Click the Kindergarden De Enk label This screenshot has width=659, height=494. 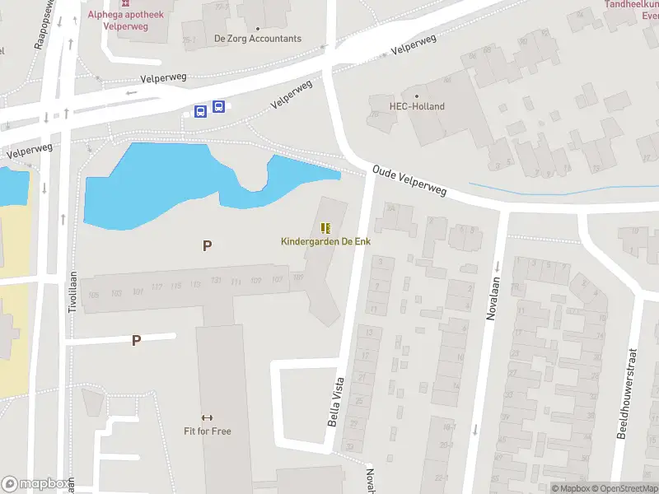pos(325,241)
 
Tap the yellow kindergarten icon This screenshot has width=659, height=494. pos(325,228)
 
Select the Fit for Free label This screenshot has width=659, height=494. pos(208,431)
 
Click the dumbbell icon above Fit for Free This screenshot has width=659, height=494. pos(208,417)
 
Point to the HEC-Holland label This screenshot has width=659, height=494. pos(417,106)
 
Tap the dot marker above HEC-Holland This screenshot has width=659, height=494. pos(417,95)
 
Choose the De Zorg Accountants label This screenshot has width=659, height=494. pos(258,39)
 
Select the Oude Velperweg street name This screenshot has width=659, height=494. pos(409,179)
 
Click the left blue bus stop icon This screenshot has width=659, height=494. pos(200,110)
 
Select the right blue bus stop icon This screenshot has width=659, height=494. pos(218,106)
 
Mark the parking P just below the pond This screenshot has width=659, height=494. pos(208,245)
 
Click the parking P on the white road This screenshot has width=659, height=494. pos(136,340)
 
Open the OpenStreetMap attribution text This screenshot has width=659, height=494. pos(629,488)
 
